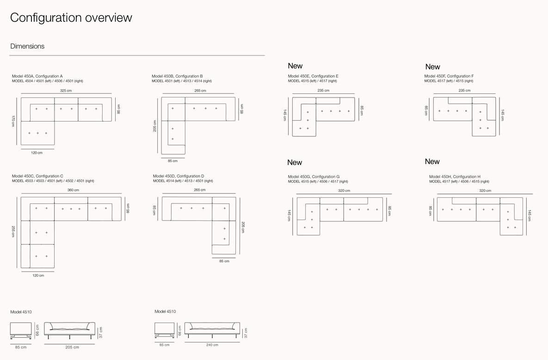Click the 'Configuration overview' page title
pos(71,18)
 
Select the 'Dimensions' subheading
pos(27,46)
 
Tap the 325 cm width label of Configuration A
pos(66,91)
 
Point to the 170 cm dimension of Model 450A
pos(13,121)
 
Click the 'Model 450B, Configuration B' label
pos(177,76)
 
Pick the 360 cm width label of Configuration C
pos(73,190)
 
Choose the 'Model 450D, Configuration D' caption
pos(179,176)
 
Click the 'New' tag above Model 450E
pos(295,66)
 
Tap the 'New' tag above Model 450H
pos(432,162)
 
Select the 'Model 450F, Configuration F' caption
pos(449,76)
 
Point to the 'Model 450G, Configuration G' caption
pos(314,177)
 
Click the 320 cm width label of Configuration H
pos(485,190)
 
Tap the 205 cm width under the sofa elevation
pos(72,347)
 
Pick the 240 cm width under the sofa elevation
pos(212,345)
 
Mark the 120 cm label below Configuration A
pos(37,153)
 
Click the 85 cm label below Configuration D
pos(224,261)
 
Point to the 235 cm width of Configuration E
pos(323,91)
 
